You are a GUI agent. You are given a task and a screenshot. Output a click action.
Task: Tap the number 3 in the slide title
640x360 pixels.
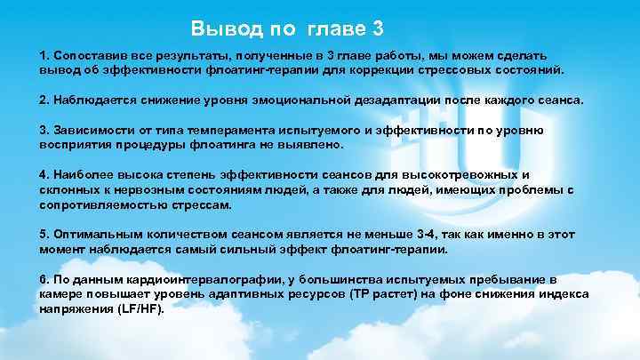[379, 28]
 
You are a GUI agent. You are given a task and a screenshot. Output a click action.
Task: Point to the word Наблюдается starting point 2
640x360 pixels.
[93, 100]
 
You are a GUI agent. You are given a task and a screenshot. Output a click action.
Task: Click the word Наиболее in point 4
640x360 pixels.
[84, 175]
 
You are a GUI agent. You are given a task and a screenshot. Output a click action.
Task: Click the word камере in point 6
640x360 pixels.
[63, 293]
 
